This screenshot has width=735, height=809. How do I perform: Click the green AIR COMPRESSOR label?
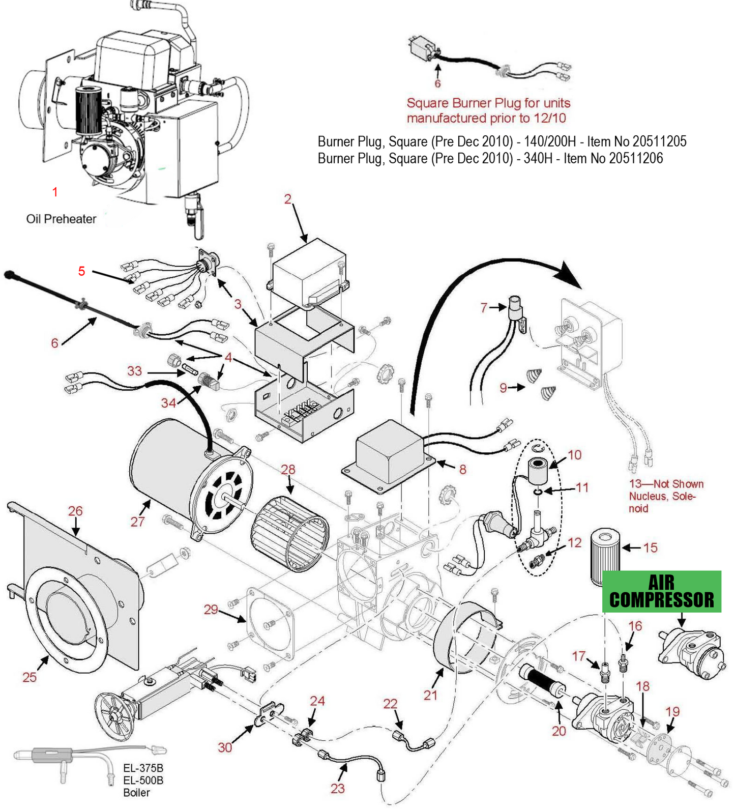[661, 591]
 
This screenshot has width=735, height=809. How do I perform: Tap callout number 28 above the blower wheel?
[288, 469]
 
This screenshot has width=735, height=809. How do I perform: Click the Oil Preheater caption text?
[61, 219]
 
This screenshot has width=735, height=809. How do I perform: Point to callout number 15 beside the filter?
[650, 547]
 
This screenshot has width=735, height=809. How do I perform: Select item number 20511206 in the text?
[636, 158]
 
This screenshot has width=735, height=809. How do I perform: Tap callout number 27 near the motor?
[137, 521]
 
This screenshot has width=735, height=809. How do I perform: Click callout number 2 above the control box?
[287, 198]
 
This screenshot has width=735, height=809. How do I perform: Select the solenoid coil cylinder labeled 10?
[539, 471]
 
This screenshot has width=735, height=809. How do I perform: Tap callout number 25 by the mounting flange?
[30, 677]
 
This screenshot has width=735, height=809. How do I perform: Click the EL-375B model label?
[143, 768]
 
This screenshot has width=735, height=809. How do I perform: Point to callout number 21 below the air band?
[430, 695]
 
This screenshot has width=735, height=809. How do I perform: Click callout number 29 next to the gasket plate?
[211, 609]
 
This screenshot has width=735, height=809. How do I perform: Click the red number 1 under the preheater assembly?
[55, 192]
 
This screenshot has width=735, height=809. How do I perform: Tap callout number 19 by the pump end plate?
[672, 711]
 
